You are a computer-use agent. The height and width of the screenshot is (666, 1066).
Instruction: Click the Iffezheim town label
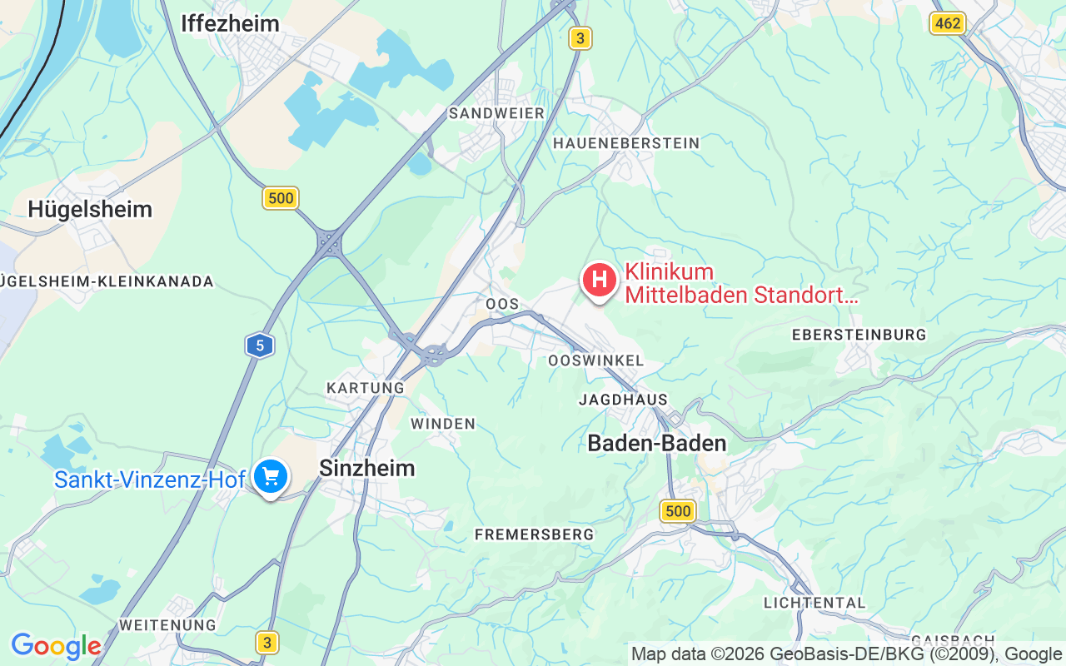tap(230, 24)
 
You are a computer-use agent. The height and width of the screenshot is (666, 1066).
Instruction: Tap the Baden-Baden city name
tap(656, 444)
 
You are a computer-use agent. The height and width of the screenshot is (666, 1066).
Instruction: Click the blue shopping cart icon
tap(271, 477)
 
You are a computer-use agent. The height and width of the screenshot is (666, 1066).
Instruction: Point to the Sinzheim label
tap(366, 469)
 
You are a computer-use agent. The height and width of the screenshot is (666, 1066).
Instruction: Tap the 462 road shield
tap(948, 23)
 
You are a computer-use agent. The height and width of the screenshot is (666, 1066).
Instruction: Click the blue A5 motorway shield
tap(260, 345)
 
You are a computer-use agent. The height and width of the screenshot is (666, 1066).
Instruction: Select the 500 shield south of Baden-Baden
tap(678, 511)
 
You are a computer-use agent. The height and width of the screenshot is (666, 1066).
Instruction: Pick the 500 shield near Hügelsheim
tap(281, 198)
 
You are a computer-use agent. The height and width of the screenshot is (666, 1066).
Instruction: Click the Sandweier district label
tap(496, 113)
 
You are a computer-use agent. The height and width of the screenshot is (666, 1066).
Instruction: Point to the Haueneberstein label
tap(626, 144)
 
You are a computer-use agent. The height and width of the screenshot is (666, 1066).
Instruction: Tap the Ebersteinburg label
tap(859, 335)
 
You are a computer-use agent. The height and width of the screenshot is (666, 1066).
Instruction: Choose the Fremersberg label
tap(534, 534)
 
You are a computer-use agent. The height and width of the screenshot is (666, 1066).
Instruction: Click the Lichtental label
tap(814, 602)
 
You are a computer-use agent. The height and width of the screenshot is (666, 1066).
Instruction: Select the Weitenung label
tap(167, 624)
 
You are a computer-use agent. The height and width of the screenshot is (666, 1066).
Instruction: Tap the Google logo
tap(56, 646)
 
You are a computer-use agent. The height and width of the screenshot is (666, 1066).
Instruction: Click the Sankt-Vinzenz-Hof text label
tap(150, 480)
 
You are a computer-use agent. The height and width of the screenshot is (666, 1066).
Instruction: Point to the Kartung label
tap(365, 388)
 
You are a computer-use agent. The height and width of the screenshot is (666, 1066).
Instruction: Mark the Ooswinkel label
tap(595, 360)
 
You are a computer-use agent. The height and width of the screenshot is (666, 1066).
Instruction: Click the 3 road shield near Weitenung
tap(266, 643)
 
